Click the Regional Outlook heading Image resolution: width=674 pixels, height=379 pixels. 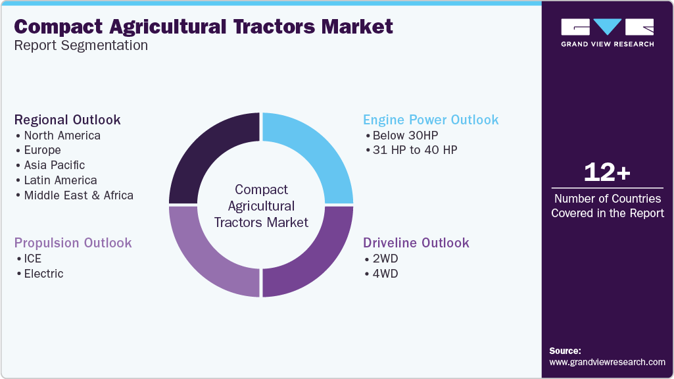click(x=67, y=120)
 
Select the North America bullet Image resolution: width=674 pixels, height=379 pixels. click(x=62, y=136)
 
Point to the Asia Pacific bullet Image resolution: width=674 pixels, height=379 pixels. click(x=54, y=165)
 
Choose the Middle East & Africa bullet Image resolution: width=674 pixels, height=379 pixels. click(x=78, y=195)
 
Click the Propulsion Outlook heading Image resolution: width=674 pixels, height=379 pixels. click(x=73, y=243)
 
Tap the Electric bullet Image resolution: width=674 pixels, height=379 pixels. click(x=43, y=274)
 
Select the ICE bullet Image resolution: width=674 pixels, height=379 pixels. click(x=32, y=259)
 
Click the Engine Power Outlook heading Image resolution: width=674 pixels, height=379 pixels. click(x=431, y=120)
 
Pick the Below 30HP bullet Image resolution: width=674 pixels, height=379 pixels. click(x=404, y=136)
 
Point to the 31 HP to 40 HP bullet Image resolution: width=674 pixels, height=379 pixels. click(x=414, y=150)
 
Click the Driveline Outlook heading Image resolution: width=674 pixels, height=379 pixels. click(x=416, y=243)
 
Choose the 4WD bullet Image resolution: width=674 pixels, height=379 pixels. click(x=385, y=274)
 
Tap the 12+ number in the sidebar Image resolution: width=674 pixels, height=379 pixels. click(x=607, y=172)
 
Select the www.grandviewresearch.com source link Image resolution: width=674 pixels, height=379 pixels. click(x=607, y=362)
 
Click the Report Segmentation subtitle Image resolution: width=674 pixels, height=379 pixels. click(x=81, y=45)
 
